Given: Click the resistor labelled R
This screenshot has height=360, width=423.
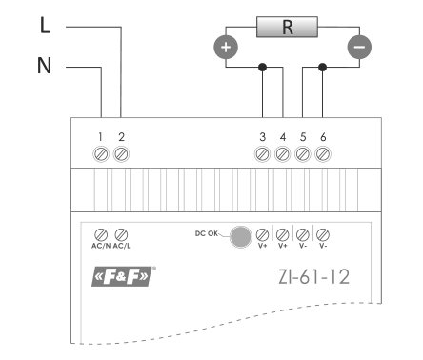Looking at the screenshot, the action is pos(287,27).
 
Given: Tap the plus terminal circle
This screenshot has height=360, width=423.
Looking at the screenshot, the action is pos(226,48).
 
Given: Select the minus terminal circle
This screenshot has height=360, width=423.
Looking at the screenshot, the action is pos(359,48).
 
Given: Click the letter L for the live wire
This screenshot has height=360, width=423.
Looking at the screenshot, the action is pos(45,26).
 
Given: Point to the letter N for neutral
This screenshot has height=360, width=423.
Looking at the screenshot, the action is pos(44,66).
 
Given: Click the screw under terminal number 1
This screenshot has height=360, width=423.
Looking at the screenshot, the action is pos(101,154).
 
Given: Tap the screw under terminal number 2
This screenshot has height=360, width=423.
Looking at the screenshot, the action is pos(121,154).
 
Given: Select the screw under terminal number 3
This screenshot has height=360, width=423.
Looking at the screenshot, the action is pos(262,154).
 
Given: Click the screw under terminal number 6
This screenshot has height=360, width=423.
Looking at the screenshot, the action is pos(323,154).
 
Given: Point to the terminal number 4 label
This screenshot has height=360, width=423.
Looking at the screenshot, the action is pos(283,137).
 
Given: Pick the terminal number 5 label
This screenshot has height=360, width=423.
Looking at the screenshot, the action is pos(303,137).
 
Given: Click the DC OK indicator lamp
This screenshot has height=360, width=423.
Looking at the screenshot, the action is pos(240,237).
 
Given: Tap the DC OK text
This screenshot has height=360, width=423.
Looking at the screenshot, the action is pos(207,233).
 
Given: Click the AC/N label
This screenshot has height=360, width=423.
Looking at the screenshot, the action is pos(101,246).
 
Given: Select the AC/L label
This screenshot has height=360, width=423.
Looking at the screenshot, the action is pos(122,246).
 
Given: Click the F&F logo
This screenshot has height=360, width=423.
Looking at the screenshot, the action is pos(123,276).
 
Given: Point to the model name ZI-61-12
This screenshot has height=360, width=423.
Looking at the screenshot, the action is pos(313,277).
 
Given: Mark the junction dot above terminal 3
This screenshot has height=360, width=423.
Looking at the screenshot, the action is pos(262,67).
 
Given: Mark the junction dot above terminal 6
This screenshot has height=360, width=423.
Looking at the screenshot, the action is pos(322,67).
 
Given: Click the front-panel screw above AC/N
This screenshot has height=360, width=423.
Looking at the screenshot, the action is pos(101,235).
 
